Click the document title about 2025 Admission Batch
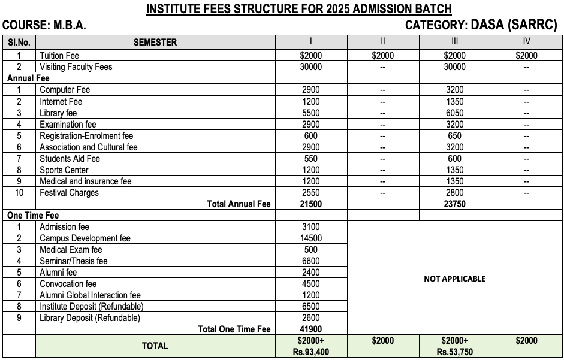click(298, 9)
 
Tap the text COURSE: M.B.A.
click(44, 26)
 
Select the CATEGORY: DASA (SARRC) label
click(481, 25)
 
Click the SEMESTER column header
click(155, 42)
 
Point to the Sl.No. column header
click(19, 42)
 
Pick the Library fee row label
click(58, 113)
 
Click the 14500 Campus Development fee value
click(311, 238)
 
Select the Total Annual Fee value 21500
click(311, 204)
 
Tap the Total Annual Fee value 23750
click(454, 204)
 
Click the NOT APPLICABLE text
click(454, 279)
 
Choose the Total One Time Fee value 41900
click(311, 329)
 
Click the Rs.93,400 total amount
click(311, 352)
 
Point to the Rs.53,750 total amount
click(454, 352)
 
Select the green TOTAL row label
click(155, 346)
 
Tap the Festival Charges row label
click(69, 193)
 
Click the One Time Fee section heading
click(33, 216)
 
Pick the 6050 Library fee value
click(454, 113)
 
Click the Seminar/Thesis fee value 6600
click(311, 261)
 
